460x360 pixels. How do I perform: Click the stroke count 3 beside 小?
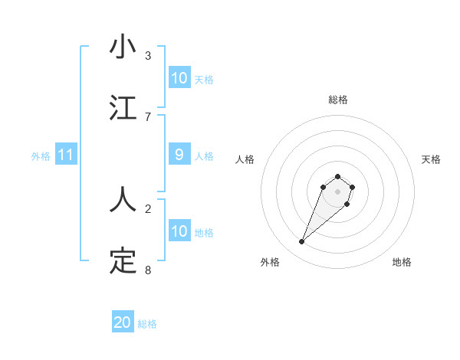pyautogui.click(x=148, y=55)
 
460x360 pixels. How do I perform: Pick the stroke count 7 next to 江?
pyautogui.click(x=148, y=116)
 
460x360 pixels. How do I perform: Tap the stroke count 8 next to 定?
pyautogui.click(x=148, y=270)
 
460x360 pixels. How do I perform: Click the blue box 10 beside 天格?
pyautogui.click(x=179, y=77)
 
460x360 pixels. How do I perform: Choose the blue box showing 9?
pyautogui.click(x=179, y=155)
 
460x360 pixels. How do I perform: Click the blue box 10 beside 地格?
pyautogui.click(x=179, y=231)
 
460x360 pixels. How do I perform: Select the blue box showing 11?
pyautogui.click(x=66, y=155)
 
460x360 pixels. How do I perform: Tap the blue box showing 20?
pyautogui.click(x=123, y=322)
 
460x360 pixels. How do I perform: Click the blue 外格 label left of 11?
pyautogui.click(x=41, y=155)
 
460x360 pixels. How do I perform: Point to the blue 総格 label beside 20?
pyautogui.click(x=147, y=324)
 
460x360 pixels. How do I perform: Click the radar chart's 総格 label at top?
pyautogui.click(x=338, y=100)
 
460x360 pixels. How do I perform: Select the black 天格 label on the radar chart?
pyautogui.click(x=431, y=159)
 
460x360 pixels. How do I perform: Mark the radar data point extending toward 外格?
pyautogui.click(x=302, y=242)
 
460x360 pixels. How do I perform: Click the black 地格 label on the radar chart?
pyautogui.click(x=402, y=262)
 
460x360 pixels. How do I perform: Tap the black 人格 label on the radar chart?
pyautogui.click(x=245, y=159)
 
